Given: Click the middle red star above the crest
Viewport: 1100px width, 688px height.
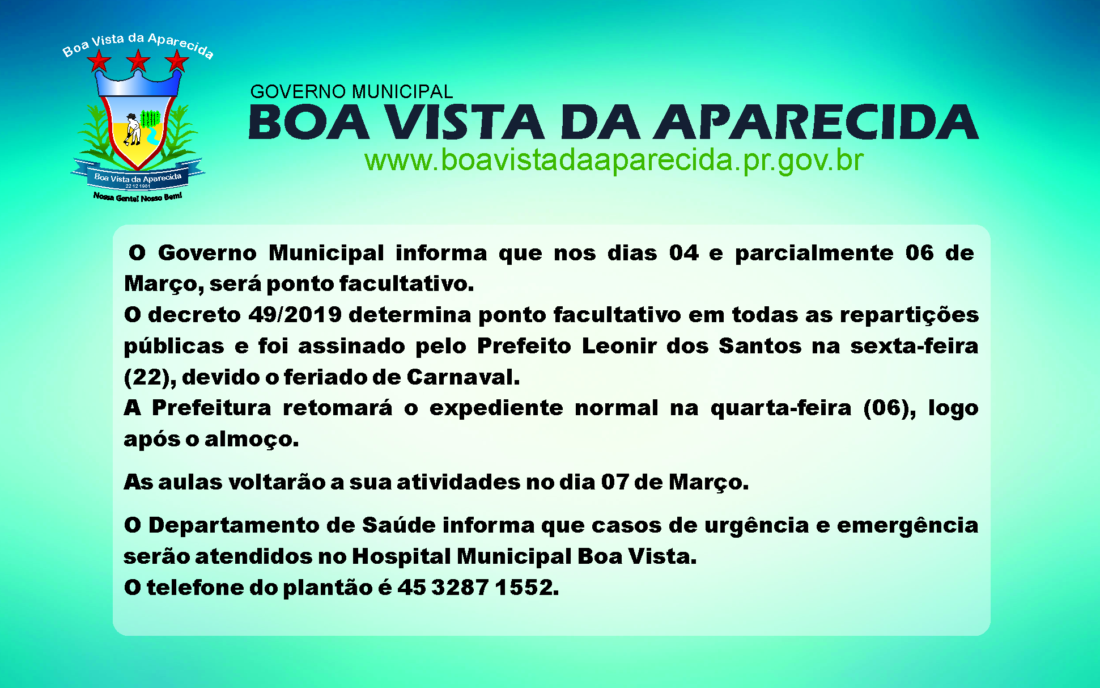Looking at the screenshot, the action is [138, 61].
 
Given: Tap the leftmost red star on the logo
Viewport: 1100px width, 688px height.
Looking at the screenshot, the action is [100, 61].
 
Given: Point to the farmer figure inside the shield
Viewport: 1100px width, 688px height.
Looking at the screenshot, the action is [133, 129].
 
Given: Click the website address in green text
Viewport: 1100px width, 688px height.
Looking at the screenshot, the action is [614, 161].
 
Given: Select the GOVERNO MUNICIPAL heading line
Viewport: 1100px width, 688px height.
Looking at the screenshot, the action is [351, 91].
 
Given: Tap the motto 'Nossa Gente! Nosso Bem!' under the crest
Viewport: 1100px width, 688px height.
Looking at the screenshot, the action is [138, 197].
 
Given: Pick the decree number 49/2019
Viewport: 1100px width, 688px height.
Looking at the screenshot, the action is [295, 315].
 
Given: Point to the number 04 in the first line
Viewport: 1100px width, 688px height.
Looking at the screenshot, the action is [683, 253].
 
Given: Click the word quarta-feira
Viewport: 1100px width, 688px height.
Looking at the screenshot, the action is [781, 408].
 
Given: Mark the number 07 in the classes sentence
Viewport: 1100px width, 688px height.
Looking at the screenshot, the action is [615, 482].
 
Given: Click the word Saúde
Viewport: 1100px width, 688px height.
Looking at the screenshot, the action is [399, 525].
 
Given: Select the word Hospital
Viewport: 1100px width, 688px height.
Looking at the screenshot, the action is [401, 557].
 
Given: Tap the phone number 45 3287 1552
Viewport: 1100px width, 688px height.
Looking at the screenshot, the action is [478, 588].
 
